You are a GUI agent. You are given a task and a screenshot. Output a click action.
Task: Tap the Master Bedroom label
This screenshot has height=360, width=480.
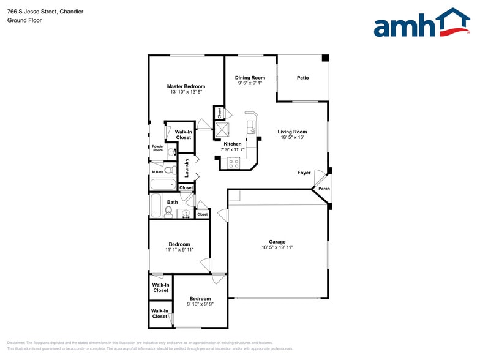(x=186, y=86)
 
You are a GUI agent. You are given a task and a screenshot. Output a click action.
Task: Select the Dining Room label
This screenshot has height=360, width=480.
(x=250, y=78)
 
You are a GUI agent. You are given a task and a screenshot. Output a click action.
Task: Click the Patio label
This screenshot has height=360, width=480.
(x=303, y=78)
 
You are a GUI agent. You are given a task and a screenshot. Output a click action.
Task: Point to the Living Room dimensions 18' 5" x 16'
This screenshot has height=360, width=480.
(x=292, y=138)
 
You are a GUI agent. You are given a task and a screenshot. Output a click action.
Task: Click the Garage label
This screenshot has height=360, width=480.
(x=277, y=242)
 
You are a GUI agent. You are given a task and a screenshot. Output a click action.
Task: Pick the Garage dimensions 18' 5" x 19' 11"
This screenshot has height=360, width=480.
(x=277, y=247)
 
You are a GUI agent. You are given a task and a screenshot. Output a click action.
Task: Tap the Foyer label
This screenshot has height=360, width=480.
(x=304, y=173)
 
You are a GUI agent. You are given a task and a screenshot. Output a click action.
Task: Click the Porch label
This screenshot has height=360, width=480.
(x=324, y=189)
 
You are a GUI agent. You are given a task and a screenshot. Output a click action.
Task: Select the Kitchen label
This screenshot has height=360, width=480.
(x=232, y=144)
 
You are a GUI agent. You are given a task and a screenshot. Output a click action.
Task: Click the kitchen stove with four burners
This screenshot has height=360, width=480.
(x=234, y=163)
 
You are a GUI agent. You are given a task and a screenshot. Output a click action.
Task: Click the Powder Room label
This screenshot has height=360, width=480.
(x=158, y=148)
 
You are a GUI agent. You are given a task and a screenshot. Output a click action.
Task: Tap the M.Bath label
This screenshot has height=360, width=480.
(x=157, y=172)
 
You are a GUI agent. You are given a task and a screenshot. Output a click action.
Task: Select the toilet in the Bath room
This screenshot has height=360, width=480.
(x=169, y=211)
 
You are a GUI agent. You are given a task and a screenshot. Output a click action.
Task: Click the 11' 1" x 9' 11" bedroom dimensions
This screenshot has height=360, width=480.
(x=179, y=250)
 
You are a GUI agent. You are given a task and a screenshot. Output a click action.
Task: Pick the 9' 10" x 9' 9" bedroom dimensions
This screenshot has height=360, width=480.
(x=200, y=304)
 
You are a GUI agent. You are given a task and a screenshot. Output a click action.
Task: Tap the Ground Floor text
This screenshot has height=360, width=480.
(x=24, y=20)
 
